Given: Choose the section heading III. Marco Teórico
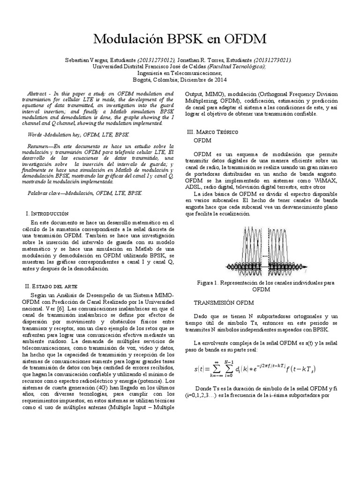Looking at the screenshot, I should (x=212, y=132).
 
